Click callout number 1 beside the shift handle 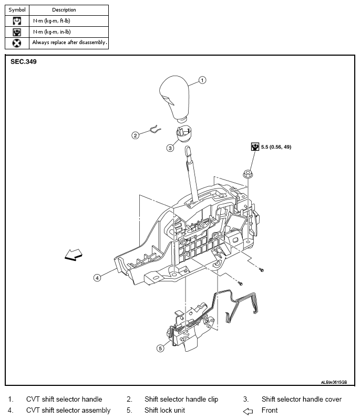pyautogui.click(x=202, y=80)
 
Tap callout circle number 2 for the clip pyautogui.click(x=136, y=135)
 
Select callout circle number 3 pyautogui.click(x=170, y=148)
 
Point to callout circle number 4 pyautogui.click(x=97, y=278)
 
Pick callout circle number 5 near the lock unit pyautogui.click(x=160, y=348)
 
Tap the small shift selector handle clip pyautogui.click(x=155, y=130)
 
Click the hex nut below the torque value pyautogui.click(x=248, y=174)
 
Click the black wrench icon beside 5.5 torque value pyautogui.click(x=255, y=146)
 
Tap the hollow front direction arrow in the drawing pyautogui.click(x=74, y=255)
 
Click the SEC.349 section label pyautogui.click(x=24, y=61)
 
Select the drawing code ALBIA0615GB pyautogui.click(x=334, y=382)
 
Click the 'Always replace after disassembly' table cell pyautogui.click(x=69, y=43)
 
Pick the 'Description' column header pyautogui.click(x=64, y=10)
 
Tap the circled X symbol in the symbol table pyautogui.click(x=17, y=43)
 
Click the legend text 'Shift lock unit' pyautogui.click(x=164, y=410)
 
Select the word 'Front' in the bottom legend pyautogui.click(x=270, y=410)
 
